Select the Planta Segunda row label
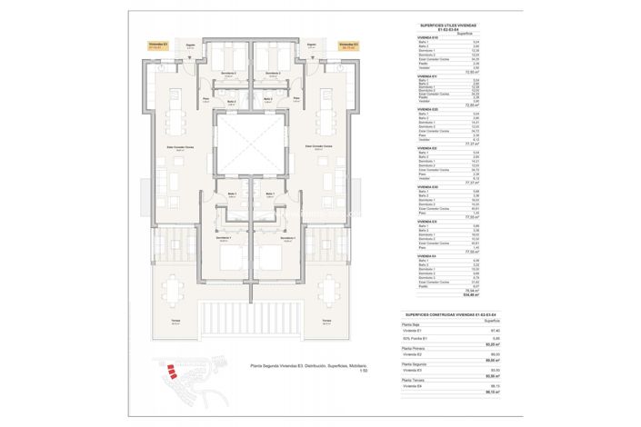click(416, 362)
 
